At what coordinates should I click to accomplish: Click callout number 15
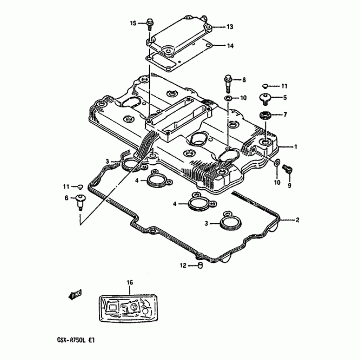click(x=133, y=22)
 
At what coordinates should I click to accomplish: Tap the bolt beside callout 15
click(x=149, y=23)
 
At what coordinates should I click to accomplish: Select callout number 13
click(x=229, y=27)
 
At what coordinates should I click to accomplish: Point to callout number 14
click(x=229, y=46)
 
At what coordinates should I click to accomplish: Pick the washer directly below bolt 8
click(x=228, y=98)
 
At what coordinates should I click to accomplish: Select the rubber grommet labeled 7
click(x=265, y=115)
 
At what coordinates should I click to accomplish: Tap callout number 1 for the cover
click(x=296, y=147)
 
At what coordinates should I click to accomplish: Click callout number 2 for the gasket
click(x=297, y=220)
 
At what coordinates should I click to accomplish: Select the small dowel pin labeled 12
click(x=200, y=266)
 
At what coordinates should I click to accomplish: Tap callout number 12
click(x=183, y=266)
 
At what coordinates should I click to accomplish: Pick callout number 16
click(x=130, y=282)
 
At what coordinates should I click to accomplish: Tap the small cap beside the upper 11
click(x=265, y=85)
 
